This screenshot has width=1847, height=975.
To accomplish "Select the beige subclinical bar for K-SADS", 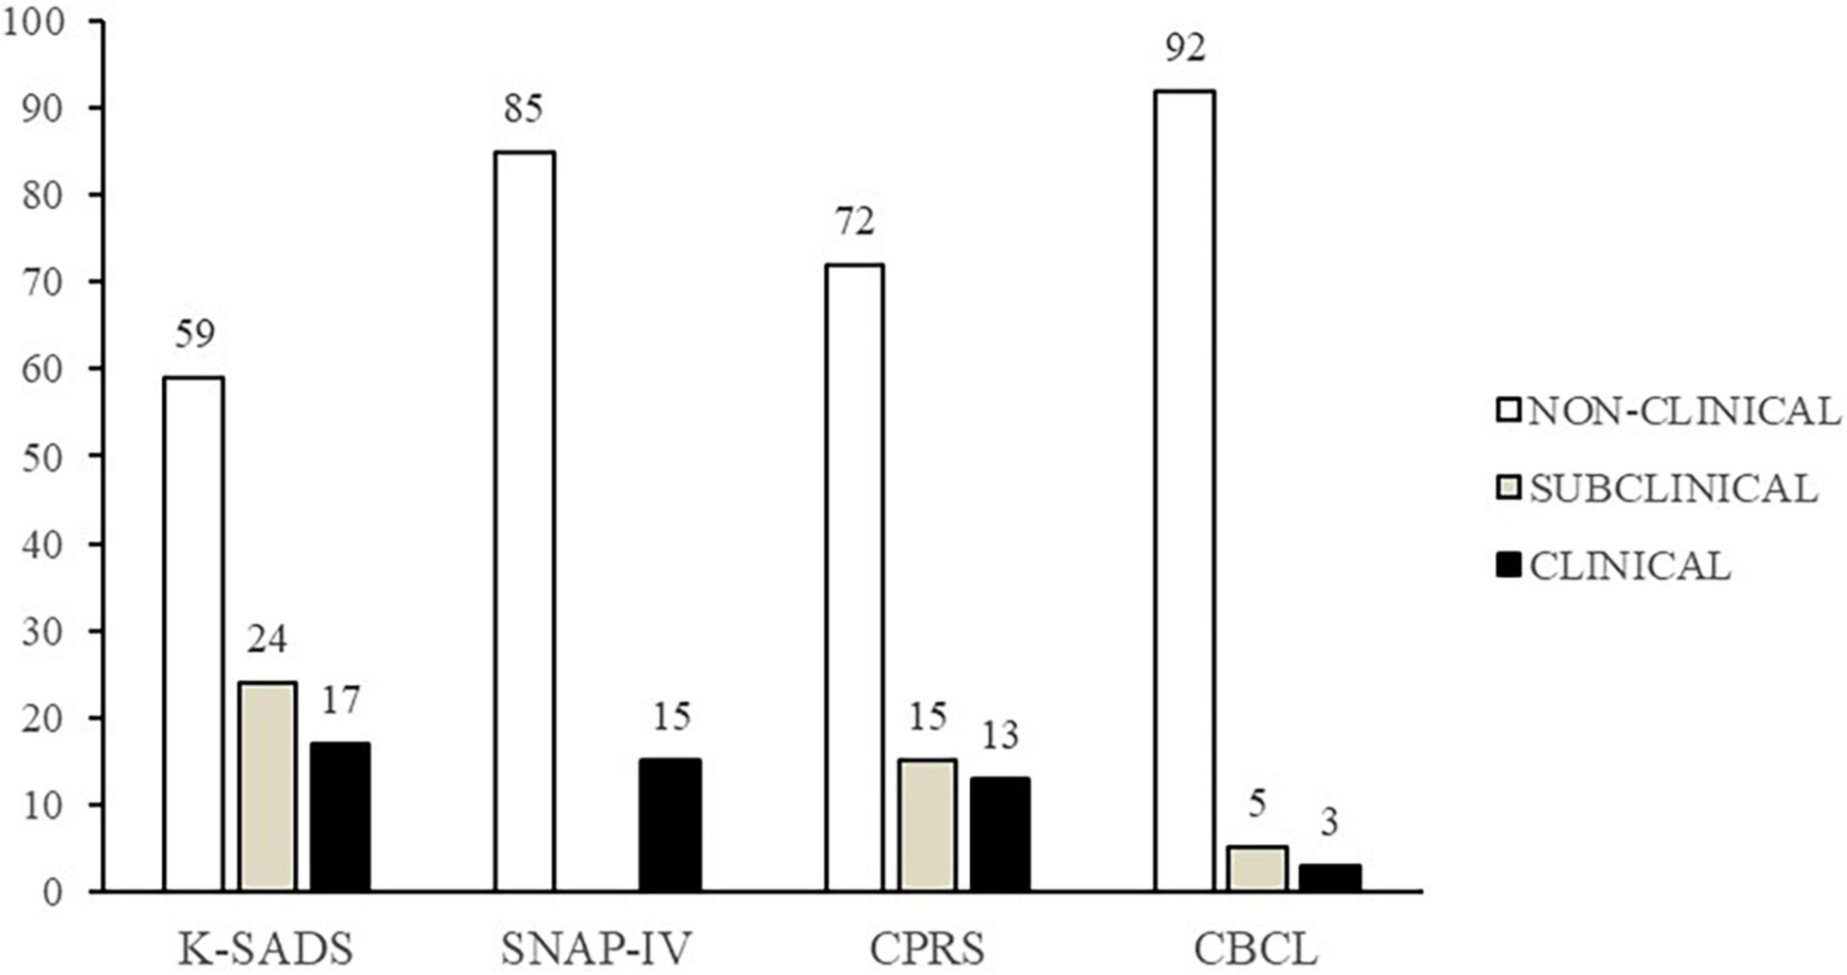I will pos(267,787).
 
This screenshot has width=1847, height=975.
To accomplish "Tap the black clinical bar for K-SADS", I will pos(340,817).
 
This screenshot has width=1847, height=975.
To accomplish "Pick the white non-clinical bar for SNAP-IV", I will pos(524,521).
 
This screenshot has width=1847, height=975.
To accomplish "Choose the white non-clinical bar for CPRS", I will pos(854,578).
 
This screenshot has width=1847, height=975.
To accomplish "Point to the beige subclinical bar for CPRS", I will pos(928,826).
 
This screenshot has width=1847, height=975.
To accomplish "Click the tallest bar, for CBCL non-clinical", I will pos(1185,491).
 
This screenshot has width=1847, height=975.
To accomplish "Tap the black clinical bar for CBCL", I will pos(1330,877).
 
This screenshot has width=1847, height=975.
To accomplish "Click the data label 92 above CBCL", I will pos(1185,49).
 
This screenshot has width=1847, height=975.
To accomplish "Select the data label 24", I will pos(267,639).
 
